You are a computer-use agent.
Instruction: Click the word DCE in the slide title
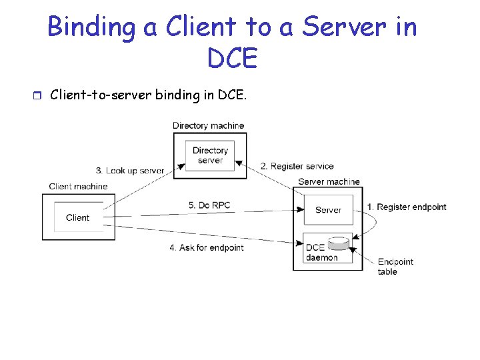[233, 57]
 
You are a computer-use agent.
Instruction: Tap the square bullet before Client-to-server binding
[37, 95]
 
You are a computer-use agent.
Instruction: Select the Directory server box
[210, 155]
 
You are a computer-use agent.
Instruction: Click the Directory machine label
[208, 125]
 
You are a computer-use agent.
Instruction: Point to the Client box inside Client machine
[79, 217]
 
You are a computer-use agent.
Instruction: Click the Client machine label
[78, 187]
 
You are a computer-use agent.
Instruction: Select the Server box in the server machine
[329, 210]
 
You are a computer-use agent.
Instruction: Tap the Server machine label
[329, 181]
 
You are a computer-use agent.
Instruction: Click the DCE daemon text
[321, 253]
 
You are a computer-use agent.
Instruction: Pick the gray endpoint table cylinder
[338, 243]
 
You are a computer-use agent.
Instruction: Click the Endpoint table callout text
[395, 267]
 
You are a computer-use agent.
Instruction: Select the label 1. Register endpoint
[407, 207]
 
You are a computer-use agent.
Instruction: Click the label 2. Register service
[297, 166]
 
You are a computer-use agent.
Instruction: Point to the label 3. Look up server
[130, 171]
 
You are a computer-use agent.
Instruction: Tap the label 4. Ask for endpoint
[207, 247]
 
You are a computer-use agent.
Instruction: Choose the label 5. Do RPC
[209, 205]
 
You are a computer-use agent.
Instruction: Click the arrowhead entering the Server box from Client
[300, 210]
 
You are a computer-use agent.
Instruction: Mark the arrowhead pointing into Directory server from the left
[182, 167]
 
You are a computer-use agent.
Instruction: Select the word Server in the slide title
[344, 27]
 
